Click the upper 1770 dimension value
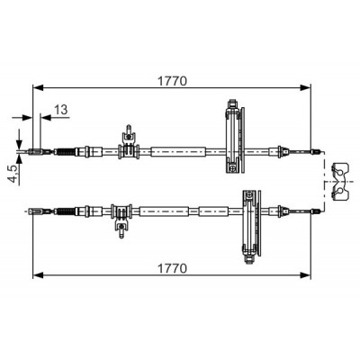coord(172,81)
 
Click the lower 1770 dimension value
coord(172,268)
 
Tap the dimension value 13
coord(61,110)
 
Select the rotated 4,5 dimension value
coord(13,175)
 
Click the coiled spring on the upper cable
coord(65,152)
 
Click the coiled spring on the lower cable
coord(65,211)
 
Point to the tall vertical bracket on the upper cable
coord(235,137)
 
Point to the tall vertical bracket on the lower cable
coord(251,227)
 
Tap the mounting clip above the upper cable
coord(129,141)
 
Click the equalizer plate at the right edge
coord(340,182)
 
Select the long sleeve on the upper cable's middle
coord(178,152)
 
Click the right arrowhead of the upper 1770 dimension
coord(305,87)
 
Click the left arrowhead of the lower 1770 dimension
coord(39,274)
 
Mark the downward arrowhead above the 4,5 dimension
coord(20,142)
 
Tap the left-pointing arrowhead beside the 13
coord(46,117)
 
